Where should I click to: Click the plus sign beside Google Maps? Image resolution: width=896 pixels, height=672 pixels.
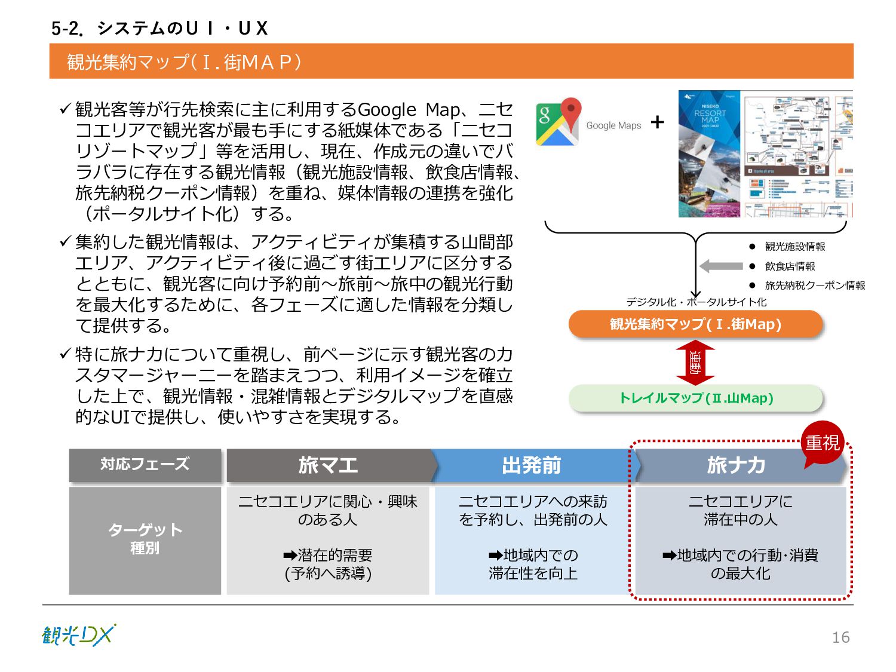(657, 122)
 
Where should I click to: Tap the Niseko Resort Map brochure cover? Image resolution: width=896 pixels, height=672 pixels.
(709, 154)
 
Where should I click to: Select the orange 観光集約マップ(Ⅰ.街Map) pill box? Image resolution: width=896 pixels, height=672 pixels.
(695, 324)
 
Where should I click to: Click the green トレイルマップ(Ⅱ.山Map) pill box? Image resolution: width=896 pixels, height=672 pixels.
(695, 398)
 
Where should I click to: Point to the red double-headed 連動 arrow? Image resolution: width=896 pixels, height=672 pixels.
(695, 362)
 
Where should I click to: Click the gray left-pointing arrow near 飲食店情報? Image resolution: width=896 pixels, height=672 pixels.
(720, 266)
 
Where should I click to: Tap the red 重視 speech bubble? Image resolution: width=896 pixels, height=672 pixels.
(822, 443)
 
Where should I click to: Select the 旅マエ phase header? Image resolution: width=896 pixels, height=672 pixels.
(329, 465)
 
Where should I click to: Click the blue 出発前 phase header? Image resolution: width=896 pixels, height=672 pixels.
(532, 465)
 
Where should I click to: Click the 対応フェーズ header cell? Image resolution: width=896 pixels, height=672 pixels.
(145, 464)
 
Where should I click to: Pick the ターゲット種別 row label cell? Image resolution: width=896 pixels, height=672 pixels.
(145, 539)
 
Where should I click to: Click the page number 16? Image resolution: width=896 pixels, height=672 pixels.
(840, 637)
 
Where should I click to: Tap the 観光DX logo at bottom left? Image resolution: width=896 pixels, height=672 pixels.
(78, 635)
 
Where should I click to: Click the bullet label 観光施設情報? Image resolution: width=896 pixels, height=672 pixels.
(795, 247)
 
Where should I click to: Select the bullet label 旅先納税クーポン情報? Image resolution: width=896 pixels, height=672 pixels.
(815, 286)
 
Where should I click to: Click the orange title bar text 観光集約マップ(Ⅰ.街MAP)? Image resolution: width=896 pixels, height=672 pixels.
(184, 62)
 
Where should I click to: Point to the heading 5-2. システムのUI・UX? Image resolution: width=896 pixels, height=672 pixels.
(159, 28)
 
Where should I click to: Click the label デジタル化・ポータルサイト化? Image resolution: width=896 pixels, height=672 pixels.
(696, 302)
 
